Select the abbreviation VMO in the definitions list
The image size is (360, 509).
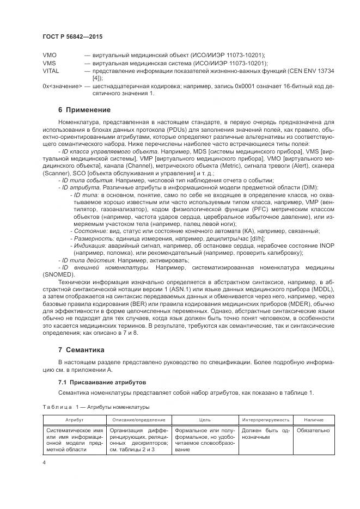50,56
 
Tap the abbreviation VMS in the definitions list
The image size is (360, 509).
49,64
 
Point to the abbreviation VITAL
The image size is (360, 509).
51,71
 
